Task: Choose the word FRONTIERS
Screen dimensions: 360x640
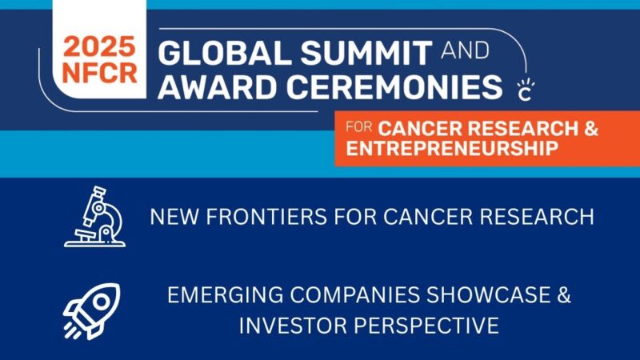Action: click(x=263, y=217)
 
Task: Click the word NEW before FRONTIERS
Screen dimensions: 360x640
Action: click(x=175, y=217)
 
